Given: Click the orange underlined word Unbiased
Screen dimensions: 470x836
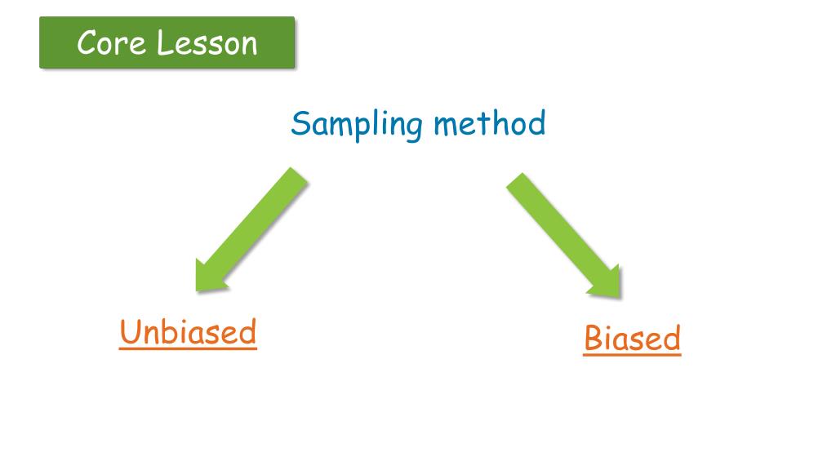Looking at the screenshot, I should coord(188,333).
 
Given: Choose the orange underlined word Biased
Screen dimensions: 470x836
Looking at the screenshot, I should coord(632,339).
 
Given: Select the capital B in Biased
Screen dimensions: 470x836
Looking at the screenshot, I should coord(594,339).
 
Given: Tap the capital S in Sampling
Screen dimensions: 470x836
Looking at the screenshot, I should coord(300,124).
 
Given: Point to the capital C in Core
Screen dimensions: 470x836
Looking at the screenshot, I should coord(87,43).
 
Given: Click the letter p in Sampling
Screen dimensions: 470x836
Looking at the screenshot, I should coord(360,129).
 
